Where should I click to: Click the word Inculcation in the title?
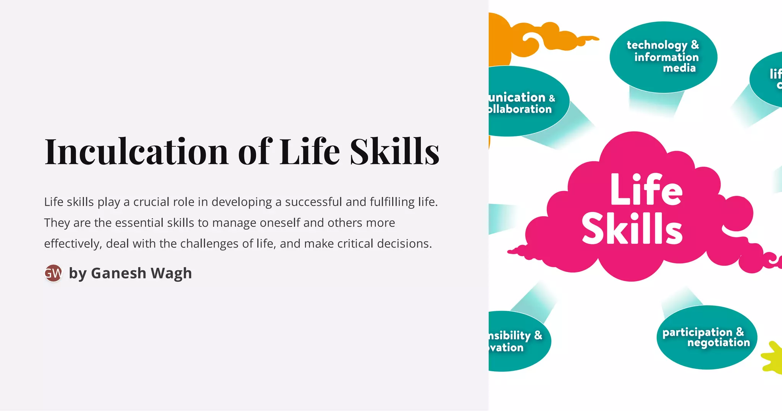136,152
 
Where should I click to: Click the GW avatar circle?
53,273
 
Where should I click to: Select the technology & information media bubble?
663,57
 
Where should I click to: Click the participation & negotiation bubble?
706,337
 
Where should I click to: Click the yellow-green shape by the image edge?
773,357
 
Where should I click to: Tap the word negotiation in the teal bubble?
719,342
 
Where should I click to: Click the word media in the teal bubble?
679,68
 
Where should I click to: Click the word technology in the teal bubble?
657,45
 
